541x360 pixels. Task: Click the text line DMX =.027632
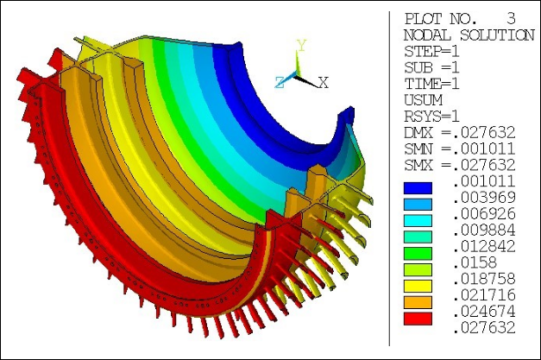click(x=459, y=133)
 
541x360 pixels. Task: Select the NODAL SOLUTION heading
click(x=468, y=35)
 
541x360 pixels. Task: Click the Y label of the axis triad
click(x=301, y=44)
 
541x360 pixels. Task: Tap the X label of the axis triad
click(x=324, y=83)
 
